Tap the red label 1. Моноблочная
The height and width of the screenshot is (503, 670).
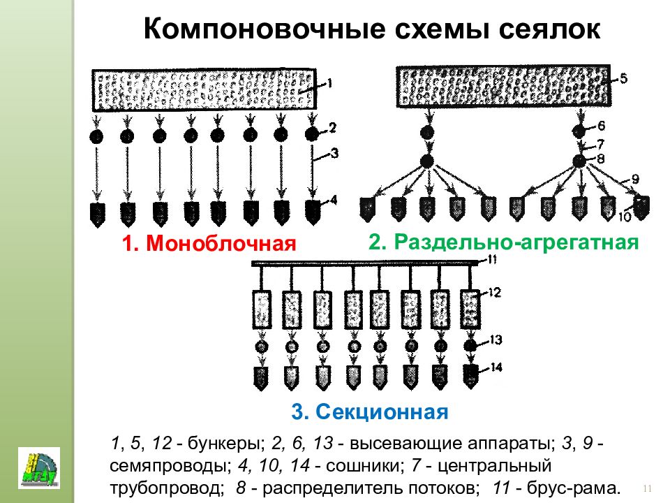pyautogui.click(x=209, y=244)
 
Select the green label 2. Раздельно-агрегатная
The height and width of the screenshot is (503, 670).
pyautogui.click(x=503, y=242)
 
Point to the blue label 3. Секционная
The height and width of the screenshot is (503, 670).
pyautogui.click(x=370, y=412)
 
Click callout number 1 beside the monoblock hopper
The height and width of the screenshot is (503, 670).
pyautogui.click(x=329, y=82)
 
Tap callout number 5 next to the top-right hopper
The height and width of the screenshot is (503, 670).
pyautogui.click(x=623, y=78)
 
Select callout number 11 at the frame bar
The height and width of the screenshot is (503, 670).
pyautogui.click(x=492, y=258)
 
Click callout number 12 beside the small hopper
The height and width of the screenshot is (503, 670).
pyautogui.click(x=494, y=293)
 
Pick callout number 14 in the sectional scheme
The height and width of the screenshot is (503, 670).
pyautogui.click(x=496, y=367)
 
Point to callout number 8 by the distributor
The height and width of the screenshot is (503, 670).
pyautogui.click(x=601, y=159)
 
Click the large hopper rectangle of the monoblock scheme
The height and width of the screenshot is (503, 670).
pyautogui.click(x=204, y=90)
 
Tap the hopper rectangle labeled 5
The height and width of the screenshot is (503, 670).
pyautogui.click(x=503, y=86)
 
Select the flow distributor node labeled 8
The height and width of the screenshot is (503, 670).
pyautogui.click(x=579, y=161)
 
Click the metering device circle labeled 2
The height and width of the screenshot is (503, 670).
pyautogui.click(x=313, y=134)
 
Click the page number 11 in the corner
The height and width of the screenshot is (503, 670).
pyautogui.click(x=647, y=489)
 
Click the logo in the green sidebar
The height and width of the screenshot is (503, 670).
pyautogui.click(x=39, y=468)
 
